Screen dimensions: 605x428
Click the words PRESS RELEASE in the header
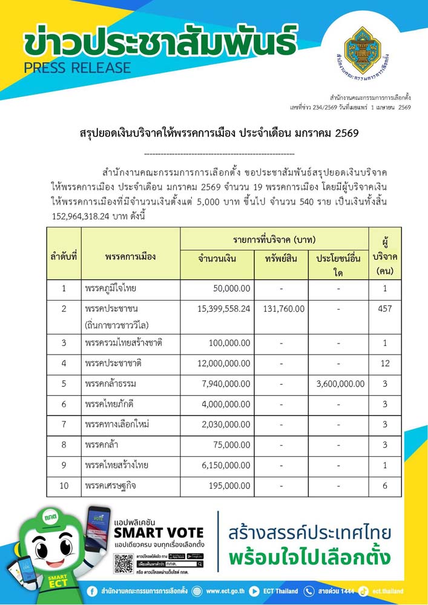click(x=77, y=68)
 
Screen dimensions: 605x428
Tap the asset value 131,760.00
click(x=284, y=309)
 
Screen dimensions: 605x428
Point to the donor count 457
click(x=384, y=309)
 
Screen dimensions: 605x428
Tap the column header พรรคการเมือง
click(x=130, y=257)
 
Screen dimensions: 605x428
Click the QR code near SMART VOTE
click(x=123, y=563)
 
